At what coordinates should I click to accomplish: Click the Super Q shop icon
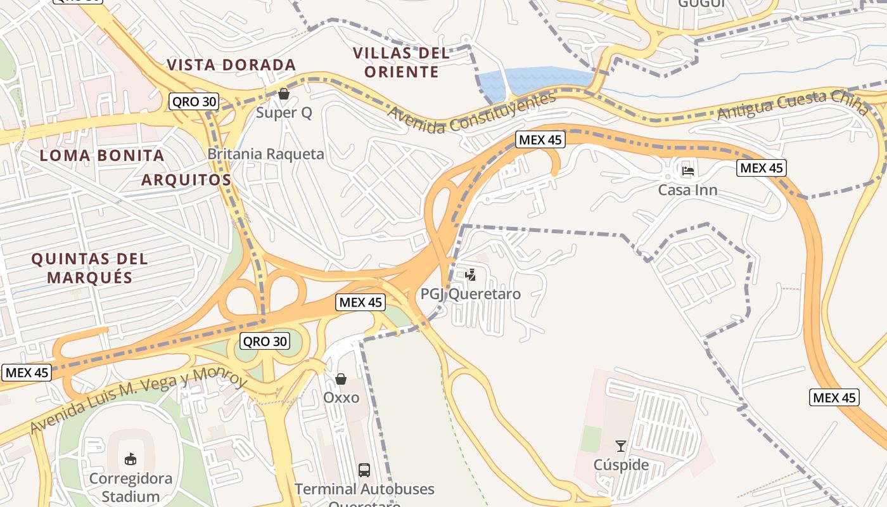[x=283, y=94]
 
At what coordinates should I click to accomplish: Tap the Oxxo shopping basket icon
[x=341, y=379]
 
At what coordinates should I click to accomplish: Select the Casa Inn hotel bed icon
[x=688, y=170]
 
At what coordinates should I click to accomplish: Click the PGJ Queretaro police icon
[x=470, y=275]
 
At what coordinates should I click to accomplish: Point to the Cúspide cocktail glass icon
[x=621, y=446]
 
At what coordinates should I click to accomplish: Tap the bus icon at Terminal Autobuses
[x=364, y=470]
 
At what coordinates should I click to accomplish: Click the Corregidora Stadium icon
[x=131, y=458]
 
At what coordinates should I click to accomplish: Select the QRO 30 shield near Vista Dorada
[x=194, y=101]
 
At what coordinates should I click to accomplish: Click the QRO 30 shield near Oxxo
[x=265, y=341]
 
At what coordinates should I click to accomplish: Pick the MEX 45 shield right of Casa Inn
[x=762, y=168]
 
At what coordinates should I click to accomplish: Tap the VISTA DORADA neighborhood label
[x=231, y=65]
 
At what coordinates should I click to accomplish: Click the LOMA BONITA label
[x=102, y=155]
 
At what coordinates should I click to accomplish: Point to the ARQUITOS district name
[x=186, y=179]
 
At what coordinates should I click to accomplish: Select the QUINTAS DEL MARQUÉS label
[x=89, y=267]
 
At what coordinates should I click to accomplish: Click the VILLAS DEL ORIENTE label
[x=401, y=62]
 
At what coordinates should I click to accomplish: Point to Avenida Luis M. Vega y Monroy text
[x=137, y=400]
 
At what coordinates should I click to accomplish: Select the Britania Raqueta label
[x=265, y=154]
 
